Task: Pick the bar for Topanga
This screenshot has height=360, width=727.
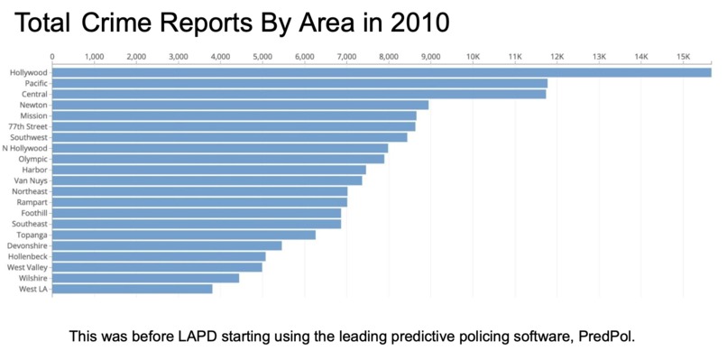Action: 184,235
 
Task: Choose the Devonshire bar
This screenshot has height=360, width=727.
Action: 167,245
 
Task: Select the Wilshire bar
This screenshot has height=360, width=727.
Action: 145,278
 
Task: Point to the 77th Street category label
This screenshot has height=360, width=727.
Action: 28,126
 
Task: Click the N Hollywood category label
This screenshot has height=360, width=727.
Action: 25,148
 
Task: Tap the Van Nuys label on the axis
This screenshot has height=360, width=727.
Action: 31,180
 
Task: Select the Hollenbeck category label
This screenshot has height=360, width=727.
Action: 28,256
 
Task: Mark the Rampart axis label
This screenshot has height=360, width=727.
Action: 32,202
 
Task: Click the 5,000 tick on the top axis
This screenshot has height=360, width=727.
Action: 262,57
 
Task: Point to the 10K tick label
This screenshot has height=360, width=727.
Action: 473,57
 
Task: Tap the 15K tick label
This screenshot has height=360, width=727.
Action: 683,57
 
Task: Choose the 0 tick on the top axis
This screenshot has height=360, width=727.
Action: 52,57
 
